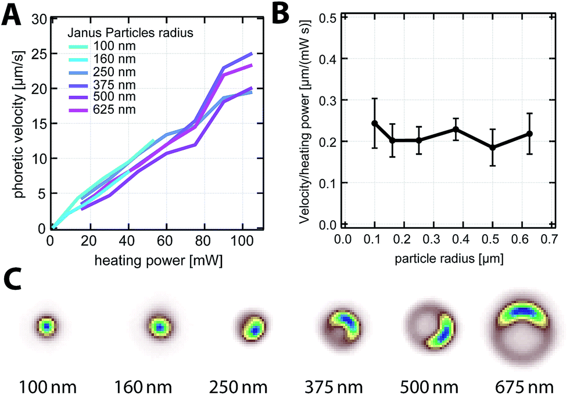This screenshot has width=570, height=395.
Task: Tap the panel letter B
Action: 280,13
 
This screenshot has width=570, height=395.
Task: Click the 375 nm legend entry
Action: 102,85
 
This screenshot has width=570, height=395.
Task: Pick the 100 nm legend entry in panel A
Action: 102,46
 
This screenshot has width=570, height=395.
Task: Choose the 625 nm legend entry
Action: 102,109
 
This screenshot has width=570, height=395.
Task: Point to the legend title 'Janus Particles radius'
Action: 130,33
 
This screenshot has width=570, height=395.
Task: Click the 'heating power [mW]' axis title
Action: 158,261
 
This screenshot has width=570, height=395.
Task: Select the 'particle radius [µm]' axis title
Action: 449,258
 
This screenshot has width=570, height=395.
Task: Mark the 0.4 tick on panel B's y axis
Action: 328,59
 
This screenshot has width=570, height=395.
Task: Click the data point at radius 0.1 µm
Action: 374,123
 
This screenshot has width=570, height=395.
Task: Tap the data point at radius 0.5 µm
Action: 493,148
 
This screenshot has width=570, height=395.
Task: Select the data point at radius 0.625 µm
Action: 530,134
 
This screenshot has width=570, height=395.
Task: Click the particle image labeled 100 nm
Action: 46,326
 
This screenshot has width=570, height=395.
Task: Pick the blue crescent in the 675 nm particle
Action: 522,311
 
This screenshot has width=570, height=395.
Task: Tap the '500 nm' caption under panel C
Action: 429,387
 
